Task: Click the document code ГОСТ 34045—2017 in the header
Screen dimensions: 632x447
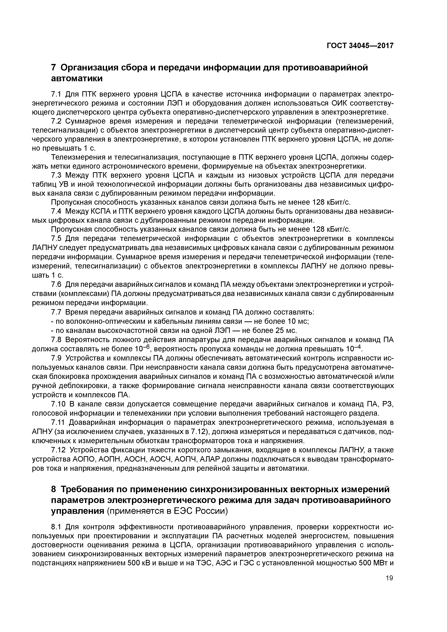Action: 360,46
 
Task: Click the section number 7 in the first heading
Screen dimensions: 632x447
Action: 54,67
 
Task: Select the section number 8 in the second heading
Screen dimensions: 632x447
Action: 54,490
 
